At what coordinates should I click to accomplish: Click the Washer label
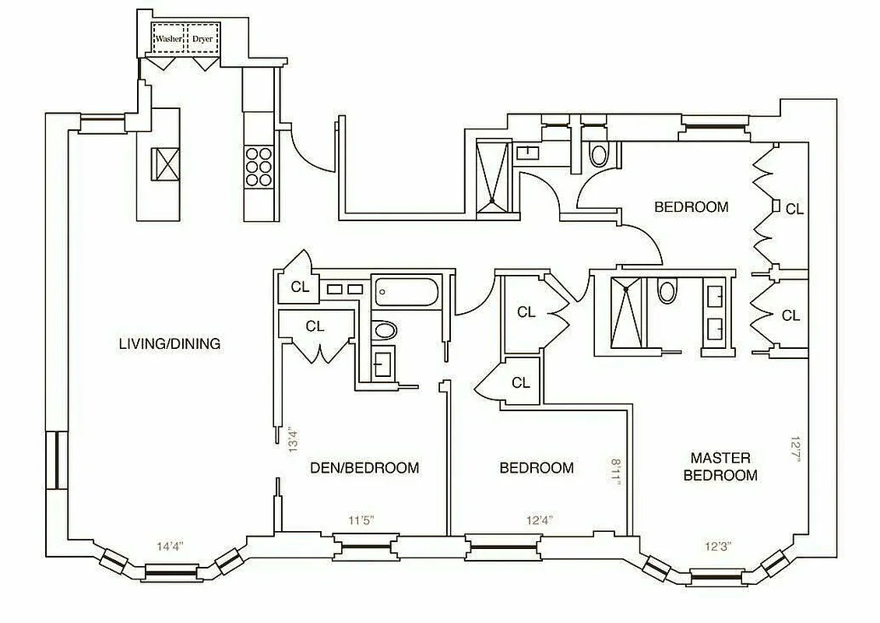168,38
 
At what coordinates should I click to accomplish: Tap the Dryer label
202,38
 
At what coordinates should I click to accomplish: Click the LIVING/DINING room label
170,343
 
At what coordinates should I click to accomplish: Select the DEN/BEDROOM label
364,468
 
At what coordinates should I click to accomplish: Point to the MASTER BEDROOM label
720,466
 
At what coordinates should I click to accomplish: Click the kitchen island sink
167,163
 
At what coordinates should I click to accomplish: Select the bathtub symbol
406,293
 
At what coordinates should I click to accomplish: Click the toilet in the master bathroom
667,292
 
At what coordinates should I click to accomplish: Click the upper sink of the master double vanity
716,296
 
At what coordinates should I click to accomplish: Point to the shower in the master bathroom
627,311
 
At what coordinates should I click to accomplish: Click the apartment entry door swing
308,148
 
